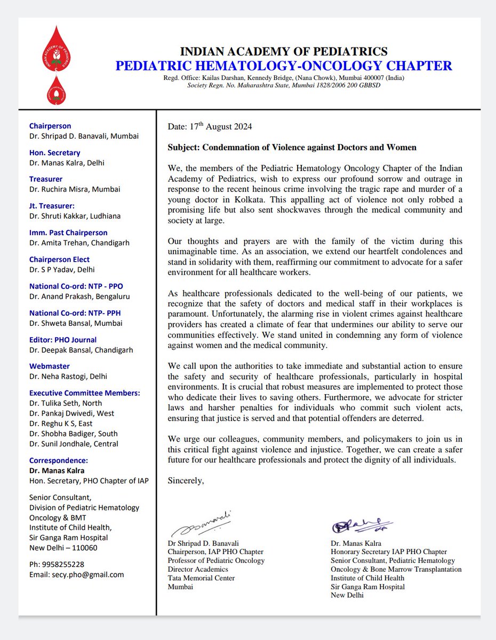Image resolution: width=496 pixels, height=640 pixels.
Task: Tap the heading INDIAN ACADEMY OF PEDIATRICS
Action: pos(283,52)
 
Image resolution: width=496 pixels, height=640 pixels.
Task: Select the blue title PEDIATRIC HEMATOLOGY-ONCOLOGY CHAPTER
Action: pos(283,66)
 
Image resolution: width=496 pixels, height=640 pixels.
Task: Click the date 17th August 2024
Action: pos(210,127)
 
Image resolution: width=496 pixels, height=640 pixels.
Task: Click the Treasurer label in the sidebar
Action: pos(46,179)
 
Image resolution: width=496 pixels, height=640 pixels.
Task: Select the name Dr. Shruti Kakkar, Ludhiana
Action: pos(75,216)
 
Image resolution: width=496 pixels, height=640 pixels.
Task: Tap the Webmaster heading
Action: pos(50,366)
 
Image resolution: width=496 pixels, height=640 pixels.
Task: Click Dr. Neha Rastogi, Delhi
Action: pos(68,376)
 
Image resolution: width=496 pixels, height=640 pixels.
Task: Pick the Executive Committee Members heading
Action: pos(85,393)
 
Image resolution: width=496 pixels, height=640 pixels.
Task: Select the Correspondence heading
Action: pos(59,460)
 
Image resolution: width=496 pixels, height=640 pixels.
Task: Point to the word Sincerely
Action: pos(186,481)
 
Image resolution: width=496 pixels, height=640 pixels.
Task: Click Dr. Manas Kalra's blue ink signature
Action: pos(361,526)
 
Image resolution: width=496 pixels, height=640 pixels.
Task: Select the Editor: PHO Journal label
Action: pos(63,340)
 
